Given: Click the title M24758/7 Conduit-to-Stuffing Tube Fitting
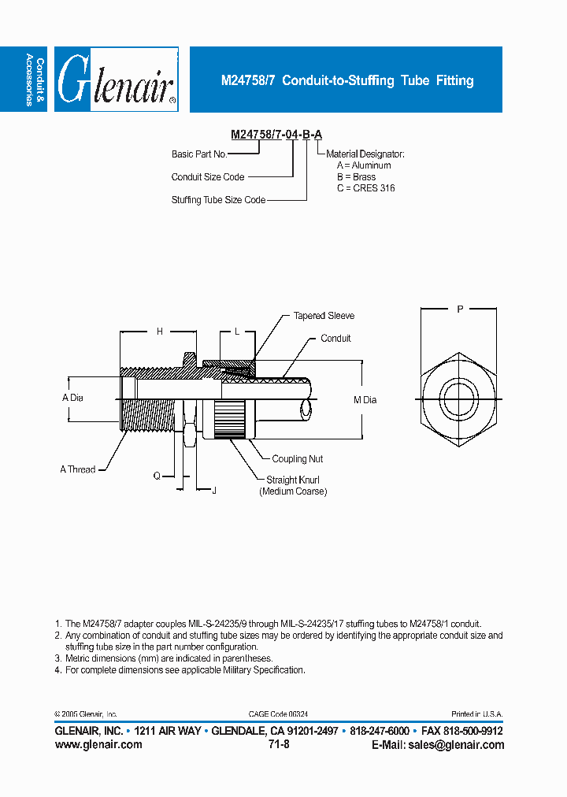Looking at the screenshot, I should pyautogui.click(x=346, y=80).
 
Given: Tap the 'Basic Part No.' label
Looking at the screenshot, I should pyautogui.click(x=199, y=154).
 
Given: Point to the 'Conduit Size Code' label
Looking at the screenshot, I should pyautogui.click(x=208, y=177).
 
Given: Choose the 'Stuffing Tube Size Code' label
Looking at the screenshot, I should pyautogui.click(x=218, y=200).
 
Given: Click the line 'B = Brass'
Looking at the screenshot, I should pyautogui.click(x=356, y=177).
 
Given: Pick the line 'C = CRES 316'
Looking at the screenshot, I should pyautogui.click(x=365, y=188).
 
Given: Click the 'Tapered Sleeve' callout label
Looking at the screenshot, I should pyautogui.click(x=324, y=316).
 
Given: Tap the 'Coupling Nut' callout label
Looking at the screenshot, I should pyautogui.click(x=297, y=459).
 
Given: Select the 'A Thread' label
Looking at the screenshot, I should pyautogui.click(x=78, y=469).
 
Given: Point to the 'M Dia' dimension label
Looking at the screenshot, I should pyautogui.click(x=365, y=400).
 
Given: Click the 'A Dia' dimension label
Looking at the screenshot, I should pyautogui.click(x=72, y=398).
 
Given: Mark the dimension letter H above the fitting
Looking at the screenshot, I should pyautogui.click(x=159, y=332).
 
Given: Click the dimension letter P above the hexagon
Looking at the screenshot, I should pyautogui.click(x=460, y=310).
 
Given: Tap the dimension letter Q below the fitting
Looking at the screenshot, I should pyautogui.click(x=157, y=476).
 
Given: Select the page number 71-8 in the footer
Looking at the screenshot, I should pyautogui.click(x=279, y=744).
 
